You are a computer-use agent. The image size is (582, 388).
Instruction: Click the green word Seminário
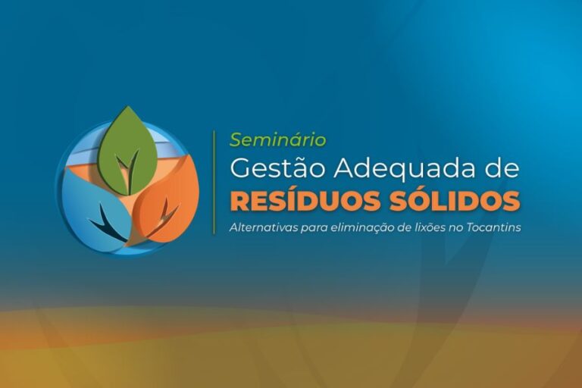278,140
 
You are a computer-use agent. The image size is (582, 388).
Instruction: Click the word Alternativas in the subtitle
264,227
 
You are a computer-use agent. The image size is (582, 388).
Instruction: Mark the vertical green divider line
214,183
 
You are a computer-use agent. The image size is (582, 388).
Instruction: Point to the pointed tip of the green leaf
128,106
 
